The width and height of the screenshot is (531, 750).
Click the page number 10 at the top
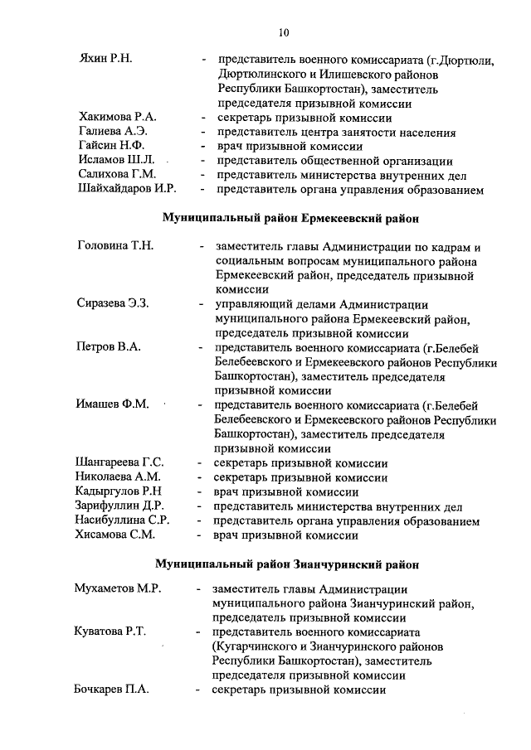(284, 32)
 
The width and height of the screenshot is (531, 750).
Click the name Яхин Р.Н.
(105, 60)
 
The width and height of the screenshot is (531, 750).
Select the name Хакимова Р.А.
(117, 117)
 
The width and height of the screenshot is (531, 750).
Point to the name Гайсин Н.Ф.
(110, 146)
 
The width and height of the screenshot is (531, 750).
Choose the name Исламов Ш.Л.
(114, 161)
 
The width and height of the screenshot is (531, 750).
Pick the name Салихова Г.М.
(117, 175)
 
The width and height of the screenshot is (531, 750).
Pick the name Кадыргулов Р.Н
(119, 491)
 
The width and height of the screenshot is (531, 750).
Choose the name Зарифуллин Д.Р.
(119, 506)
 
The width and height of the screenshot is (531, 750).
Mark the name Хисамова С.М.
(114, 535)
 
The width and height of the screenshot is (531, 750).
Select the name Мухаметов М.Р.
(117, 588)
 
